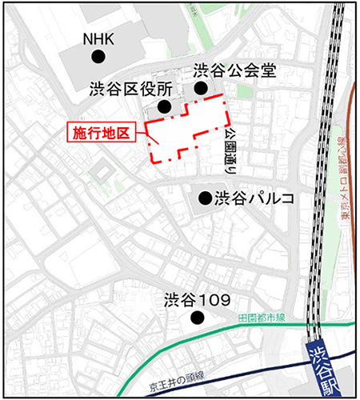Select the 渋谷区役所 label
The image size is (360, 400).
click(129, 88)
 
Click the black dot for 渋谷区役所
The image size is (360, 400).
click(164, 106)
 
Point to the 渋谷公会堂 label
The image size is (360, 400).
click(234, 70)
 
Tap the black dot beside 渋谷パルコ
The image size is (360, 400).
click(205, 197)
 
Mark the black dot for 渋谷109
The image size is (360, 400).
click(197, 319)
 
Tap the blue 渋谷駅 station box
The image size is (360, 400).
click(323, 368)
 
